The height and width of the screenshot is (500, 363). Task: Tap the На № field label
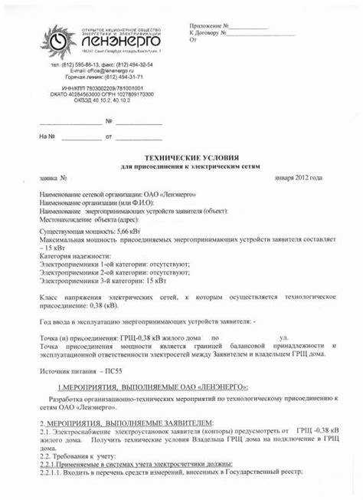coord(47,138)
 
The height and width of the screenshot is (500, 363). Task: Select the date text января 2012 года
coord(299,177)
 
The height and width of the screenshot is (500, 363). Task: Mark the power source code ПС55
coord(114,370)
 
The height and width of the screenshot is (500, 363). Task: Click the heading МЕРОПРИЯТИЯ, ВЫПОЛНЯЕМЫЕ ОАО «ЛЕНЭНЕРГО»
coord(152,388)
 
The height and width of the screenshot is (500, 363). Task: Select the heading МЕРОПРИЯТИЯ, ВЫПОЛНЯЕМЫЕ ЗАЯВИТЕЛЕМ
coord(127,423)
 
